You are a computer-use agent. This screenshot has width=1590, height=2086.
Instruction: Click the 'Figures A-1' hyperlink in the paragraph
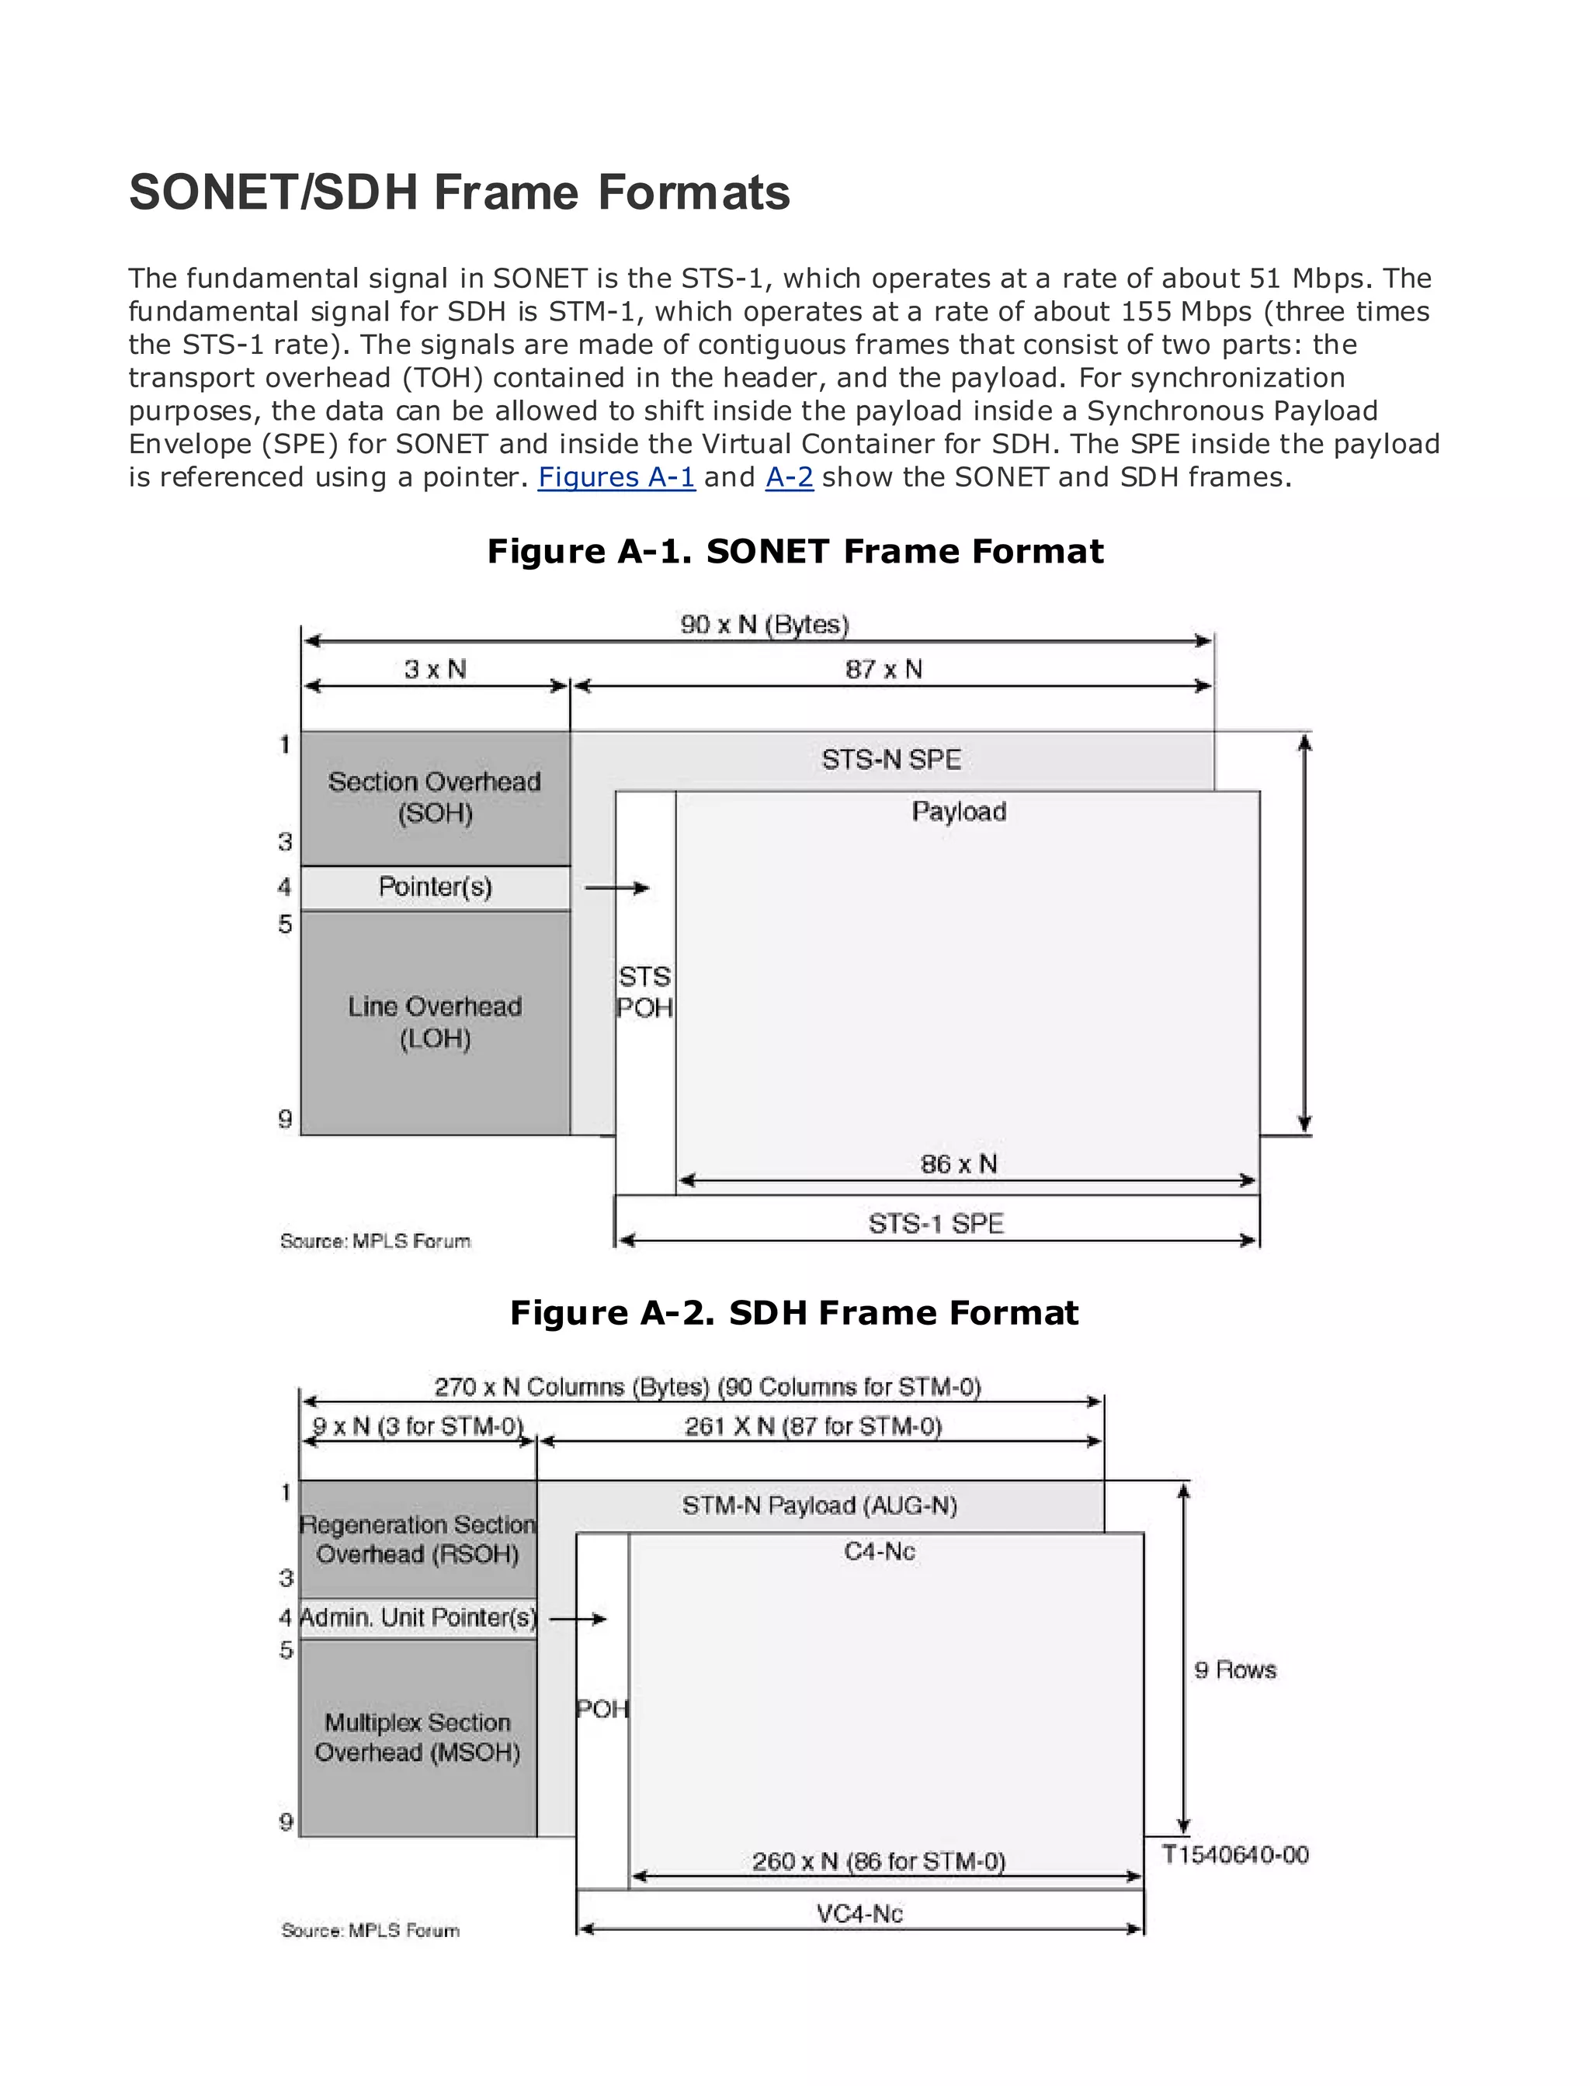click(616, 476)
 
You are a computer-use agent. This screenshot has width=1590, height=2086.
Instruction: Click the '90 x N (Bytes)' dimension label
click(765, 625)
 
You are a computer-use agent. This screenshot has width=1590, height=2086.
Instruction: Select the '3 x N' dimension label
click(436, 670)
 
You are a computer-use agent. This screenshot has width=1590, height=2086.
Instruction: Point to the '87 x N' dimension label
click(883, 670)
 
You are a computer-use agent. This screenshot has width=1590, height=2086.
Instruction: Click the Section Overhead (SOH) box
click(435, 798)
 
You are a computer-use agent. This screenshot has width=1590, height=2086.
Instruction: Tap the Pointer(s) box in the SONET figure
click(435, 887)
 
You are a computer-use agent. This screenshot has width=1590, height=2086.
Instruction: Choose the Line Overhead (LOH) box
click(435, 1022)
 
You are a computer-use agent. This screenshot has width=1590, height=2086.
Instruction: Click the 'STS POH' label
click(644, 993)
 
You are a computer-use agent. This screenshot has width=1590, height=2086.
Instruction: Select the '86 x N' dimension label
click(959, 1163)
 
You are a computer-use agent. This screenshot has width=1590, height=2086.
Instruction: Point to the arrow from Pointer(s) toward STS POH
click(616, 887)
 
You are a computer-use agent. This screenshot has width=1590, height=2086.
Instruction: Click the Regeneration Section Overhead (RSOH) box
click(418, 1539)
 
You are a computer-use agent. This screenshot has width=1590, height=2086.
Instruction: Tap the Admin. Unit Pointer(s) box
click(418, 1618)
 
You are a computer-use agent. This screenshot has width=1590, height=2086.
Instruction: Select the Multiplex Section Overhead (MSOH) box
click(418, 1737)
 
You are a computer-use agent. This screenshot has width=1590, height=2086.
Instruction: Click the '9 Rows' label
click(1234, 1670)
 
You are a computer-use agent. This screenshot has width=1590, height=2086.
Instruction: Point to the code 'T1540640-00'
click(1234, 1854)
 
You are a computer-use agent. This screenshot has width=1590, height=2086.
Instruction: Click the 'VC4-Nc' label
click(859, 1914)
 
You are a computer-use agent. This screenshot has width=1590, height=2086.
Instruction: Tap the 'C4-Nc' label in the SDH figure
click(879, 1551)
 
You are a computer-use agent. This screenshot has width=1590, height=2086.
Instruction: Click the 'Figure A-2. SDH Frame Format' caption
click(794, 1313)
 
